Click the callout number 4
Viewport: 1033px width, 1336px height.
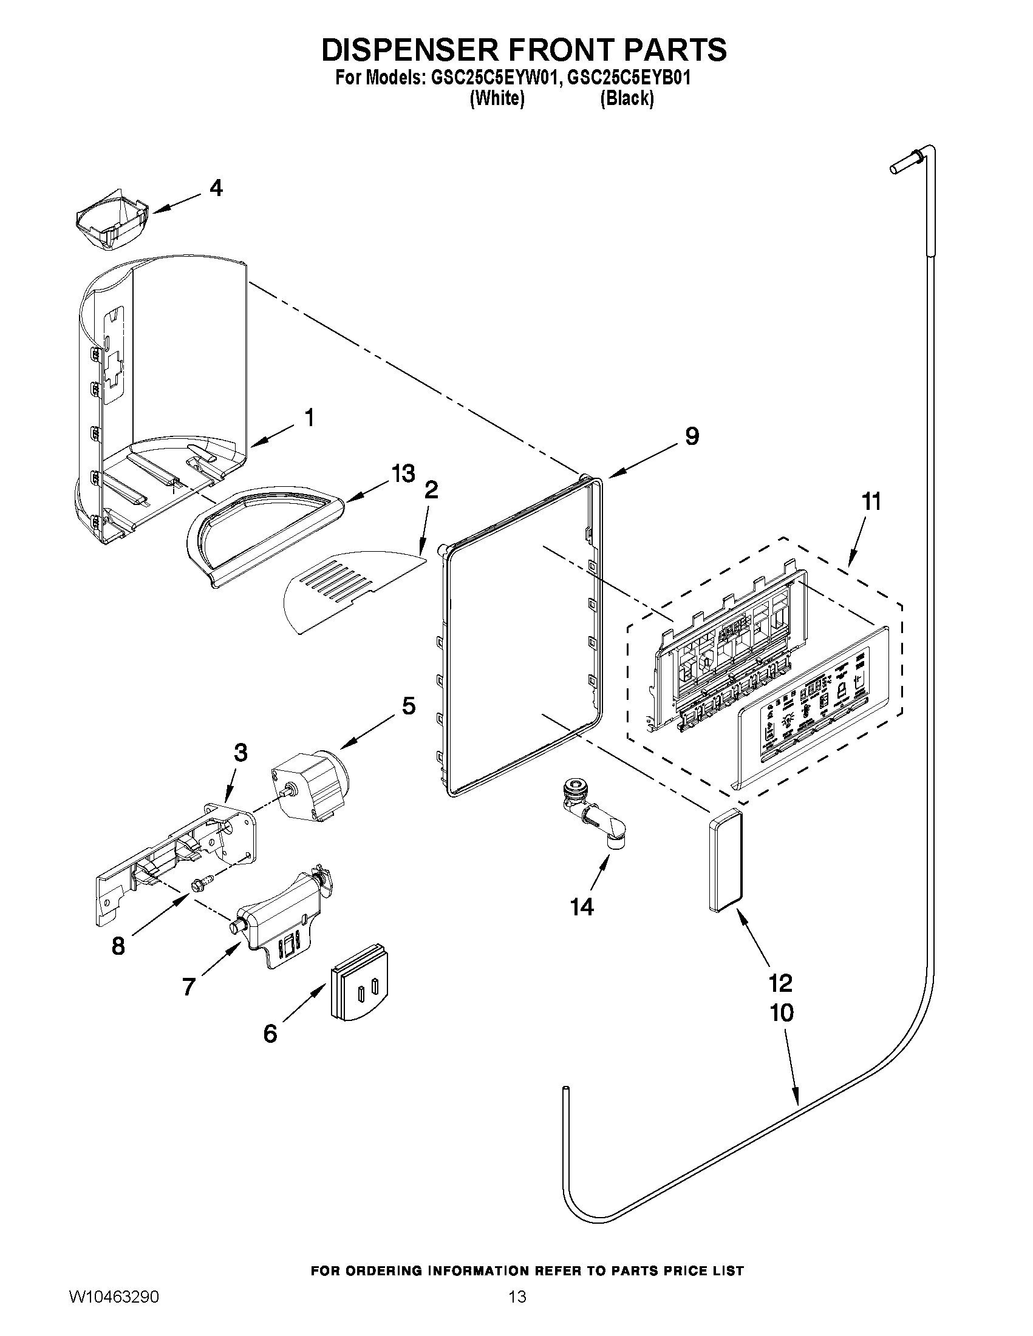(216, 188)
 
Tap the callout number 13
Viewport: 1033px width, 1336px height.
(403, 473)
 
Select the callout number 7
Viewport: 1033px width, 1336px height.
(188, 986)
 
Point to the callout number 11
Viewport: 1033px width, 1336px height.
(871, 501)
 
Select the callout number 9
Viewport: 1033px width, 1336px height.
(692, 436)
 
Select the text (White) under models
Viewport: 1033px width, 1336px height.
(497, 98)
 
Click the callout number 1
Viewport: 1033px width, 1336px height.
(309, 418)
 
